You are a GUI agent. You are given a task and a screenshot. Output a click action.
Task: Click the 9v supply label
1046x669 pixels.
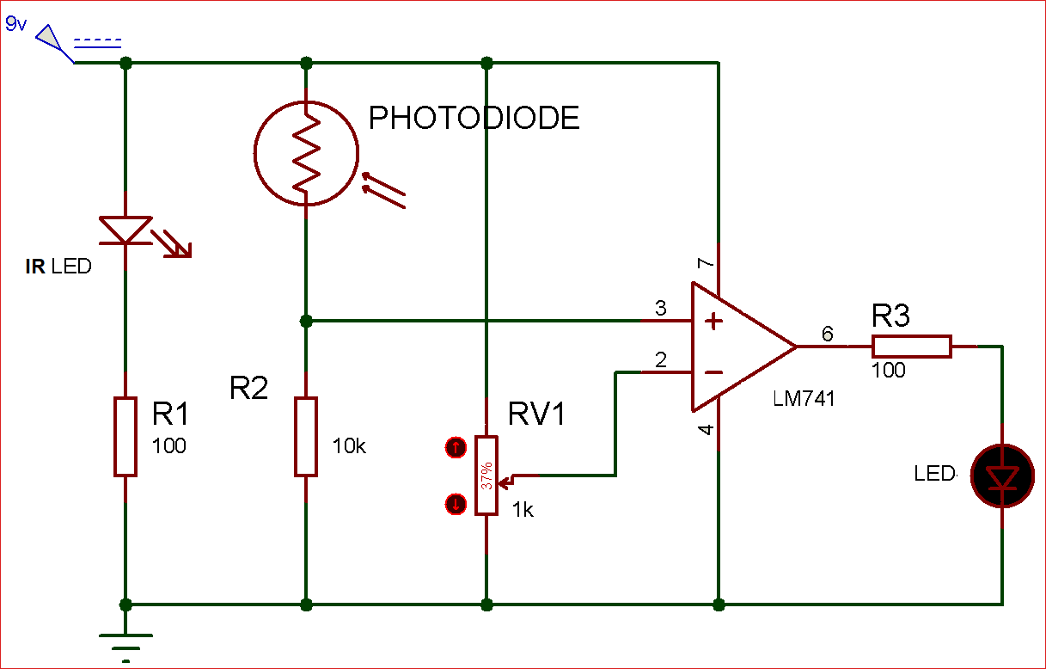(x=16, y=23)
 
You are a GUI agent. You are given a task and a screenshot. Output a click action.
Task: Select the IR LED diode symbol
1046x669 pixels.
(x=126, y=230)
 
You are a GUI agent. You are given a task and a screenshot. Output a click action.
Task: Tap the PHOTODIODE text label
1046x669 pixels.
(x=474, y=118)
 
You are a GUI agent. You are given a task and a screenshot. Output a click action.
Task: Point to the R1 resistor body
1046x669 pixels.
(x=125, y=436)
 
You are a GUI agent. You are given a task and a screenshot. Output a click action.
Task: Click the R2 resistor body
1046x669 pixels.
(x=306, y=436)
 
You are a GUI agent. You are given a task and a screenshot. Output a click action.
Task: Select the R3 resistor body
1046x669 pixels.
(x=911, y=347)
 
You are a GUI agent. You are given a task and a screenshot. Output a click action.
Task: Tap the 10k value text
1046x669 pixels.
(x=349, y=446)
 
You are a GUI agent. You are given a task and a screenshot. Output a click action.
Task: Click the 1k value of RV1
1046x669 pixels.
(x=523, y=510)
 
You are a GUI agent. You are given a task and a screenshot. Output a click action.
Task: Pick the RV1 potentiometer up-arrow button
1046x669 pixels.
(x=456, y=447)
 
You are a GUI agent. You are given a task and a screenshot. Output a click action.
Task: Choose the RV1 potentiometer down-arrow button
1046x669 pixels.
(x=456, y=504)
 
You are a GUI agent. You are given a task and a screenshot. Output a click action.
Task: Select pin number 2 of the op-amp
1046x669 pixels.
(x=660, y=360)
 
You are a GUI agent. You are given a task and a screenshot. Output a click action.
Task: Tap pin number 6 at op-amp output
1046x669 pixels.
(x=827, y=334)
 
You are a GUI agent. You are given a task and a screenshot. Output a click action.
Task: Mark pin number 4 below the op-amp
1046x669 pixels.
(x=706, y=430)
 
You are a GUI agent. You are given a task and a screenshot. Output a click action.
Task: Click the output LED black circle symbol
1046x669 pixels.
(x=1002, y=476)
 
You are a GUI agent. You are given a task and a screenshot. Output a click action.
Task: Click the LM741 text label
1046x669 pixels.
(x=804, y=399)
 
